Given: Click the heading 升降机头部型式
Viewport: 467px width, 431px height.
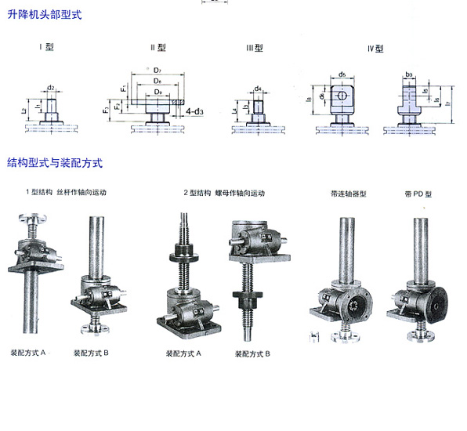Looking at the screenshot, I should [x=44, y=15].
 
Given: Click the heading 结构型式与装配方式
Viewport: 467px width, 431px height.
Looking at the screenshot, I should [x=55, y=163].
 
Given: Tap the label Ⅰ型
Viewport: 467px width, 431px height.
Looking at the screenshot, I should [x=46, y=47].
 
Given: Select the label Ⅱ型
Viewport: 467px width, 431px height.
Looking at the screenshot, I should [x=157, y=48].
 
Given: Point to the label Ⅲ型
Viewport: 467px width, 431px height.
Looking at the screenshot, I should [x=255, y=48].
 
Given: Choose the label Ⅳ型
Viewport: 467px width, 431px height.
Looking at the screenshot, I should [x=375, y=48].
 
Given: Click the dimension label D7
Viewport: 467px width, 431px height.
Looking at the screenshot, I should [x=157, y=71].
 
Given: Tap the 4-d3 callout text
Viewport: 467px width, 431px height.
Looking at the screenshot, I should [x=195, y=112].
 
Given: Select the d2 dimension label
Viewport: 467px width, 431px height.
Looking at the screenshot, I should [x=50, y=87].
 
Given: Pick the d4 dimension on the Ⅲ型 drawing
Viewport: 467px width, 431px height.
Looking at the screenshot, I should [x=258, y=89].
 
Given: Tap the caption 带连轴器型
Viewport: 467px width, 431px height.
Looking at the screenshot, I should [x=349, y=193].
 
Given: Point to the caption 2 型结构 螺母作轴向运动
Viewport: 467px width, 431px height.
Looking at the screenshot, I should [x=224, y=193].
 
